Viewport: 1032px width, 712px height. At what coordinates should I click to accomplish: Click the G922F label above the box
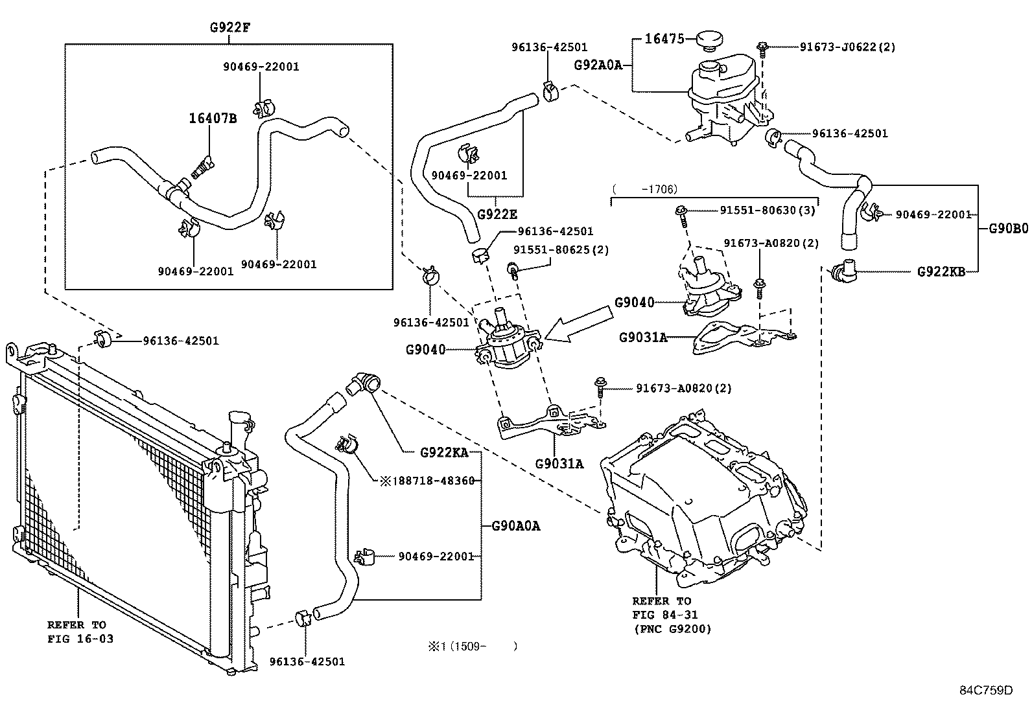(229, 27)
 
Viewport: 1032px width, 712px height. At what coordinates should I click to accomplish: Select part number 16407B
(212, 119)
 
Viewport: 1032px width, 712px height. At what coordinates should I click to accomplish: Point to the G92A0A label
(598, 65)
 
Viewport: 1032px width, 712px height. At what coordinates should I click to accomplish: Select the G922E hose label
(497, 214)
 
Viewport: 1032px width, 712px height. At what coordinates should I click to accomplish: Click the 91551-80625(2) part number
(561, 249)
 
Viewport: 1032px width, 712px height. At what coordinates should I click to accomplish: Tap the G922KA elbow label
(444, 452)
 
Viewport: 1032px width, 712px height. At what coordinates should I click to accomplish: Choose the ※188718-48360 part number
(427, 481)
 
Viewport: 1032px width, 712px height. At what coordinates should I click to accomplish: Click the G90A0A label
(515, 526)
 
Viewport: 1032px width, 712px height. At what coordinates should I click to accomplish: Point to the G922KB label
(941, 271)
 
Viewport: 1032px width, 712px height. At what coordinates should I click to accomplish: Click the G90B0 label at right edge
(1009, 228)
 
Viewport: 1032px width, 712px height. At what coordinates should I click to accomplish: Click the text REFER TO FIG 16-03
(76, 632)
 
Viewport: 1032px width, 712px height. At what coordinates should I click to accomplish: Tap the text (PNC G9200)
(672, 628)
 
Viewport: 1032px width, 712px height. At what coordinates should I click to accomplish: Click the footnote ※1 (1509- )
(472, 646)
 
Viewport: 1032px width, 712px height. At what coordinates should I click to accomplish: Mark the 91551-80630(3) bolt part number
(768, 210)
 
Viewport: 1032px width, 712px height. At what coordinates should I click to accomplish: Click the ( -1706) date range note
(644, 189)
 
